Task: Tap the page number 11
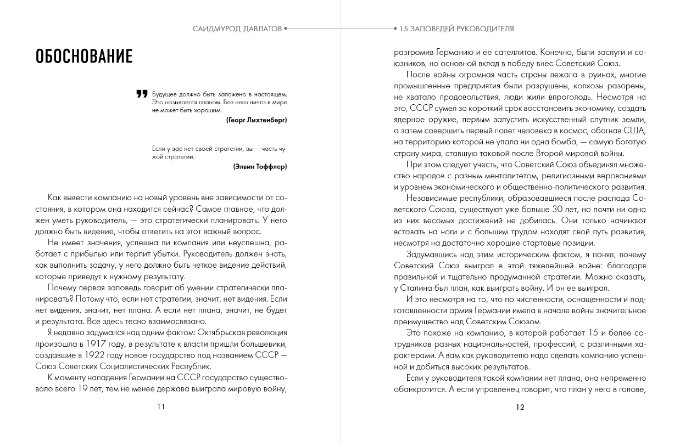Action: tap(161, 407)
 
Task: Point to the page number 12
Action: tap(520, 407)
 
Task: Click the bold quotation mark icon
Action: tap(142, 94)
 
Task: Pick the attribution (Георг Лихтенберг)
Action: tap(256, 119)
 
